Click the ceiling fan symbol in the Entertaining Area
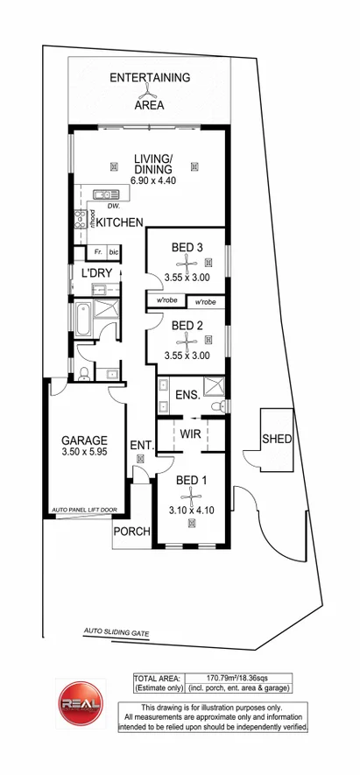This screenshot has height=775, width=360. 149,91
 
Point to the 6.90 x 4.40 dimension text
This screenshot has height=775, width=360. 153,180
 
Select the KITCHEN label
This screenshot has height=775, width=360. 119,223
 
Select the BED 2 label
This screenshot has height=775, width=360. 187,325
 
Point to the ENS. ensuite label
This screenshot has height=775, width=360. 187,396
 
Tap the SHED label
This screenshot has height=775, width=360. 277,439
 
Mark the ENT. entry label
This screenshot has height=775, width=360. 141,447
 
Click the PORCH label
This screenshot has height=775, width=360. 133,532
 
